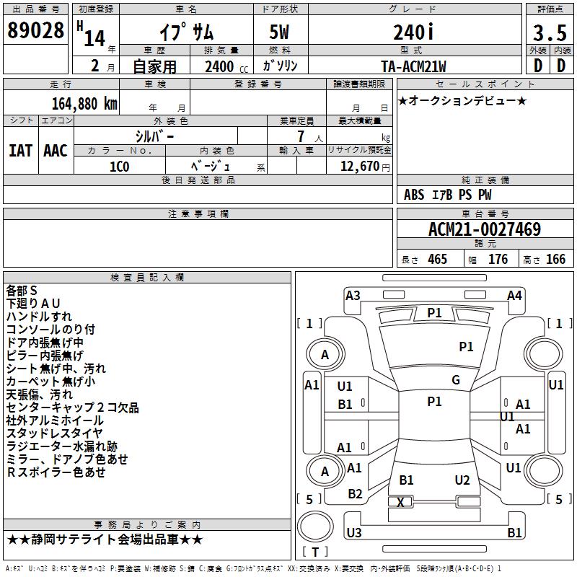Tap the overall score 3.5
[x=549, y=32]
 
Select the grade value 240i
[x=413, y=32]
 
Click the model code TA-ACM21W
[x=413, y=66]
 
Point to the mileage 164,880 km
[x=84, y=103]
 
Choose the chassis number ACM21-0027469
[x=485, y=229]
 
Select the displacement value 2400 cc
[x=220, y=67]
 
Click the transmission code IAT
[x=20, y=150]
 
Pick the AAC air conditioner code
[x=56, y=150]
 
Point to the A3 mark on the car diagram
[x=353, y=295]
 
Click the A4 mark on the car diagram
[x=514, y=295]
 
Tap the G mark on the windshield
[x=456, y=379]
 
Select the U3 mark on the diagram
[x=353, y=533]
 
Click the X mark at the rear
[x=400, y=502]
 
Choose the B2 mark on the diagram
[x=355, y=494]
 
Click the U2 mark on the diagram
[x=462, y=480]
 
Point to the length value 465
[x=436, y=260]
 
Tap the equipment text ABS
[x=414, y=194]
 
